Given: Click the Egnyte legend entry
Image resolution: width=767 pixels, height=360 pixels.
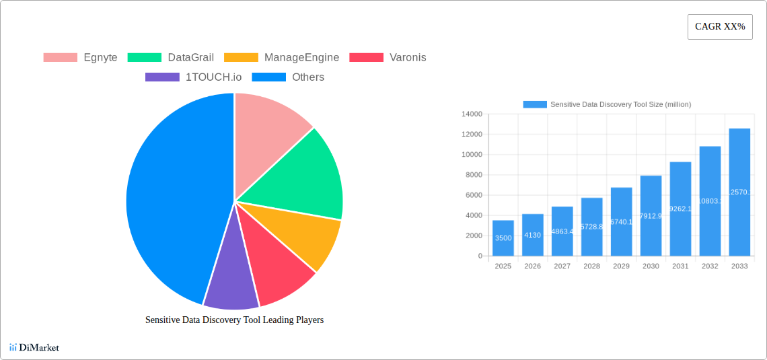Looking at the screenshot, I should click(x=81, y=58).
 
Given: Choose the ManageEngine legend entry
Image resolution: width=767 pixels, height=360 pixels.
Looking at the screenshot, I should click(x=281, y=58).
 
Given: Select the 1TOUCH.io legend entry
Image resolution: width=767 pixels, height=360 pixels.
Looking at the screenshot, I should click(x=193, y=77).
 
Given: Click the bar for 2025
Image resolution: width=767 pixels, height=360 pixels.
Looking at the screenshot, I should click(x=503, y=238).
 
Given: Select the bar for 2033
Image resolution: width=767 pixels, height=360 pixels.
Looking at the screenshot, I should click(x=739, y=192).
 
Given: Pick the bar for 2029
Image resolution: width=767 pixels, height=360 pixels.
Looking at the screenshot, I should click(x=621, y=221).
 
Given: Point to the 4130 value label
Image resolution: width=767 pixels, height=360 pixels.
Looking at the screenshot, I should click(x=532, y=235).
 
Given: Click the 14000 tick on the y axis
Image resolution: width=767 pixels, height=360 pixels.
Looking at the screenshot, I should click(x=472, y=114).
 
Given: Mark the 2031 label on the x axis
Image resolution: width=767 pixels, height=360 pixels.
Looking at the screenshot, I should click(x=680, y=266).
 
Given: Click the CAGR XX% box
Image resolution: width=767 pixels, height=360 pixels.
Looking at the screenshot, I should click(x=719, y=27).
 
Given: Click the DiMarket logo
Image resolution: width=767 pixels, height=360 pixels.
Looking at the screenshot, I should click(x=34, y=347).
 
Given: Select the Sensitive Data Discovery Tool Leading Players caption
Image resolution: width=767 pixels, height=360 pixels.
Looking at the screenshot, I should click(x=234, y=320).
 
